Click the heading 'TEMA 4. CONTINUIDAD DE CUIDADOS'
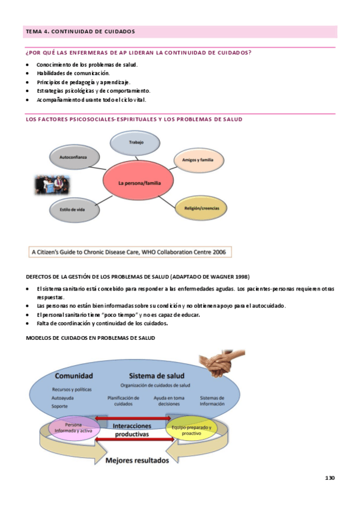[80, 31]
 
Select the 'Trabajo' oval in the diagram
[136, 143]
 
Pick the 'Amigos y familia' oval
[198, 160]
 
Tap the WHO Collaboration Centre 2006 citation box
[130, 252]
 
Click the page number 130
[329, 478]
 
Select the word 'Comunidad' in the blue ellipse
[73, 376]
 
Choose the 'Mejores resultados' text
[133, 461]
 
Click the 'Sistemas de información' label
[212, 401]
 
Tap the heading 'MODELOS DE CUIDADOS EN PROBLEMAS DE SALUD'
[91, 338]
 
